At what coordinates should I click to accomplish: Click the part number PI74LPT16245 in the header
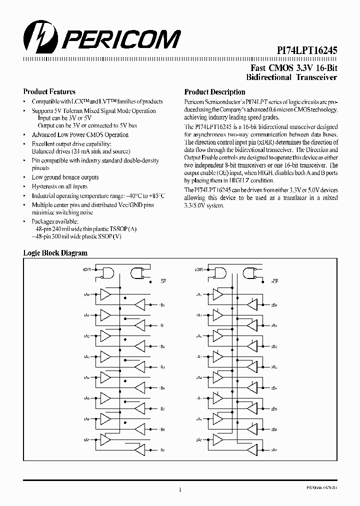pos(307,50)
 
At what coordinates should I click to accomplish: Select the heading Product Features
pos(49,91)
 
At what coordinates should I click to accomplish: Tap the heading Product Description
pos(214,92)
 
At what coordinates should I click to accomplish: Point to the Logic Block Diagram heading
pos(55,253)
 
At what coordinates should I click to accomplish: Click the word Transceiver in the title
pos(316,77)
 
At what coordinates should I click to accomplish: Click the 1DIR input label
pos(86,270)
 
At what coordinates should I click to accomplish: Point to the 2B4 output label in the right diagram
pos(274,387)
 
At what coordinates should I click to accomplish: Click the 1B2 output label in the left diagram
pos(163,346)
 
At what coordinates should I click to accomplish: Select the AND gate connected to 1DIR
pos(107,272)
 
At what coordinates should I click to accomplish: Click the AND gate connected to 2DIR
pos(219,272)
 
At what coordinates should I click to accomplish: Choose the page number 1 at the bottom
pos(179,489)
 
